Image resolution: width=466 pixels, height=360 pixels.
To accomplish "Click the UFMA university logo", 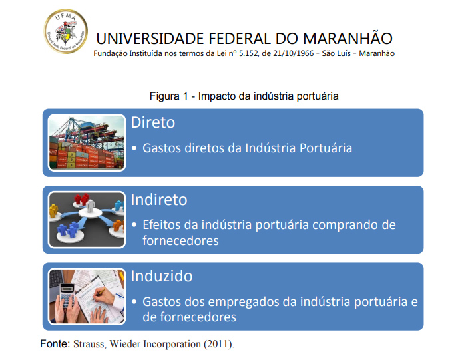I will point(65,31).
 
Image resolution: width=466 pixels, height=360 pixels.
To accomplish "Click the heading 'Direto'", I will point(153,123).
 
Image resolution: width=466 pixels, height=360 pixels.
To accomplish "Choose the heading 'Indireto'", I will point(159,200).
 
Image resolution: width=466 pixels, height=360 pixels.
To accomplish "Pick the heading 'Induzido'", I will point(160,276).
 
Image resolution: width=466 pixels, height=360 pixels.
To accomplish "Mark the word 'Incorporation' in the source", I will point(174,345).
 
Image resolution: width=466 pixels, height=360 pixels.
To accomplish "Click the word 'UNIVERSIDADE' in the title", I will point(154,38).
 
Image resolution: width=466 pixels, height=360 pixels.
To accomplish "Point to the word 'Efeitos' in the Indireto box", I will point(163,225).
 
